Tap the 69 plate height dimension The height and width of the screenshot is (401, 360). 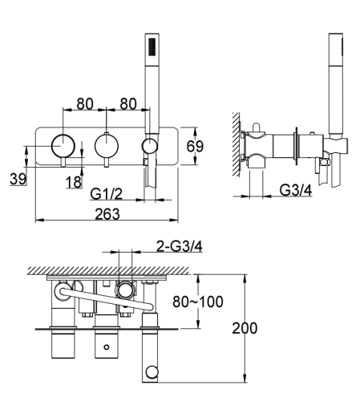click(x=194, y=146)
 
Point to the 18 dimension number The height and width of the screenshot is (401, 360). click(x=73, y=183)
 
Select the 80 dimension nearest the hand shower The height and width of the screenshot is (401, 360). click(x=127, y=103)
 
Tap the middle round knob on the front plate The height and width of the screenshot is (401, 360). click(x=105, y=145)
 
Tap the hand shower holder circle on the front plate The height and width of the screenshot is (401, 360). click(x=149, y=145)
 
